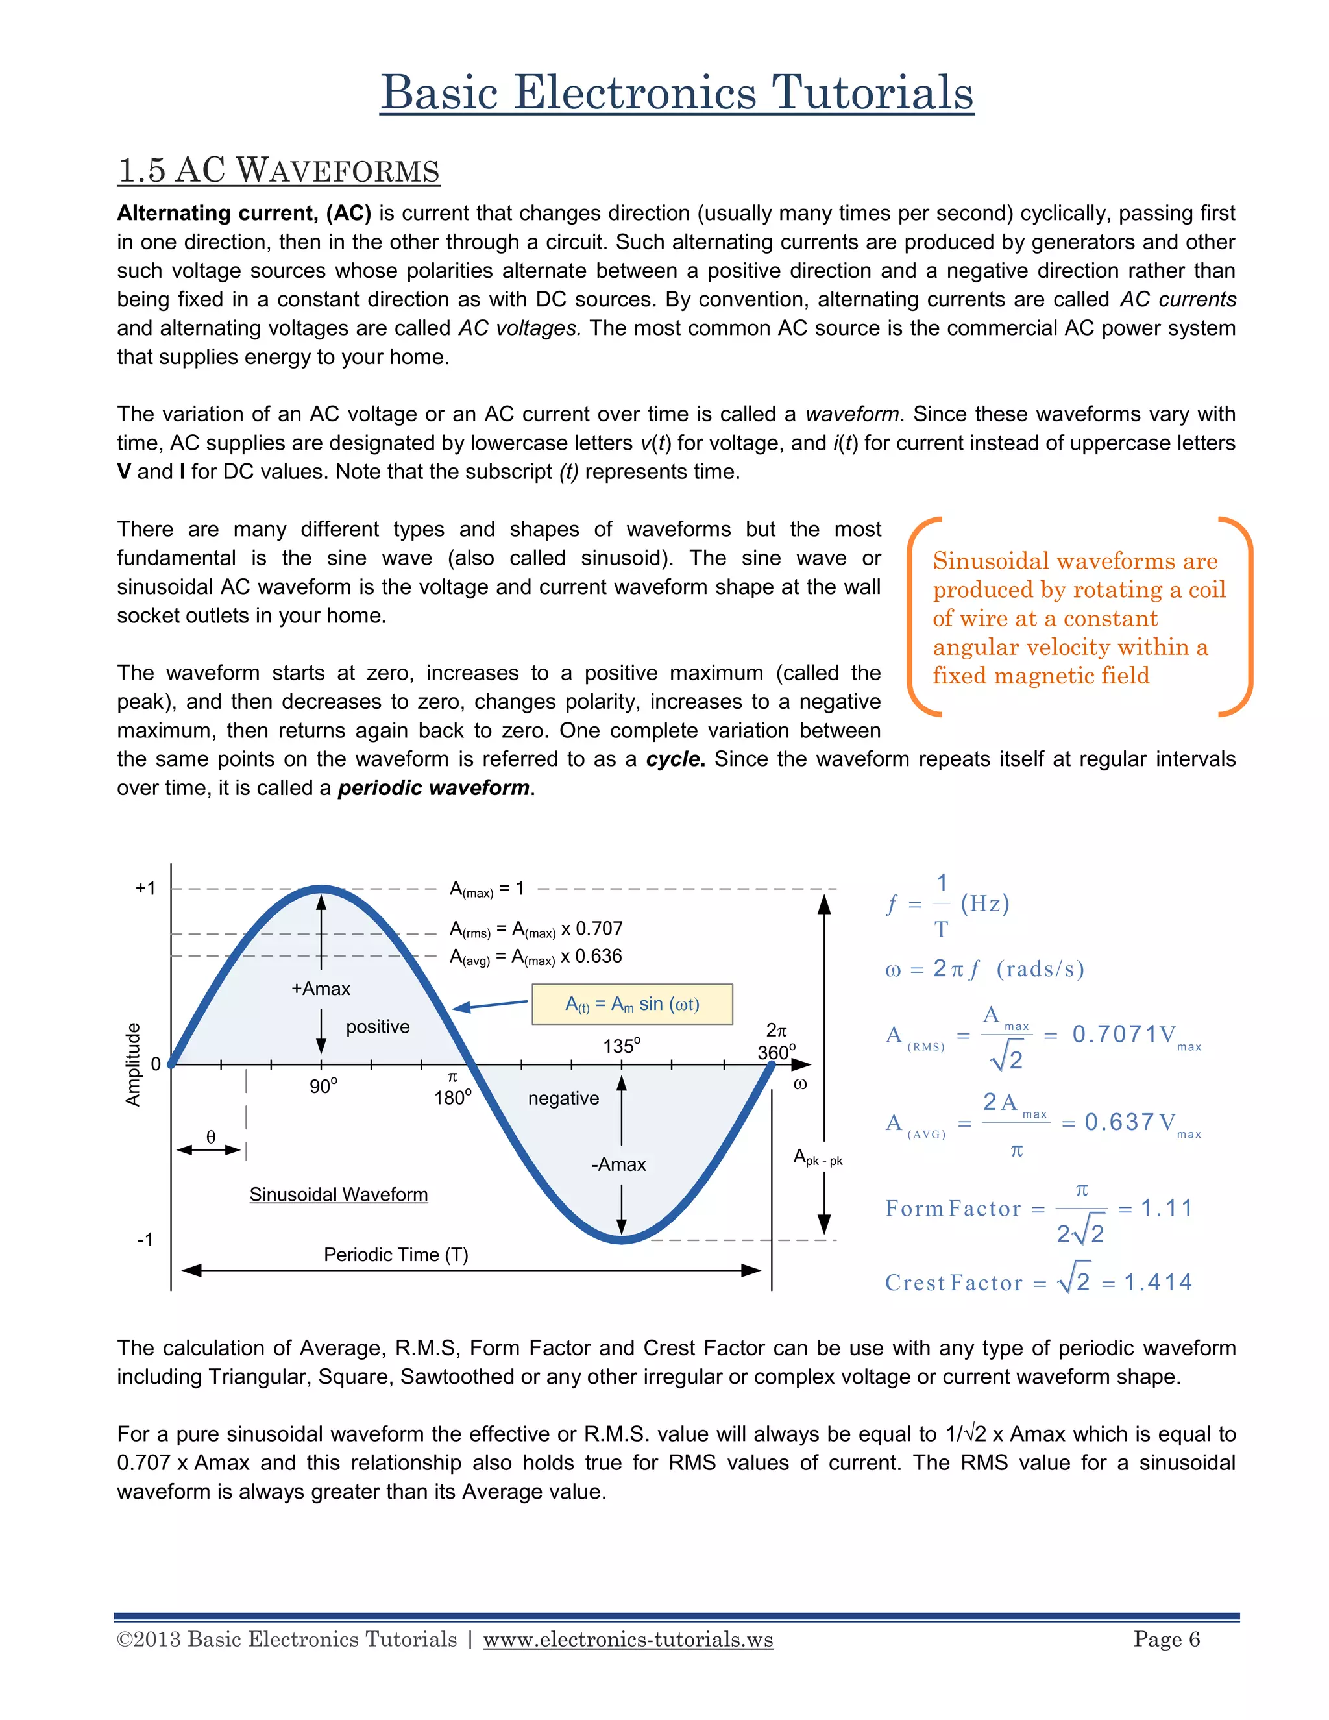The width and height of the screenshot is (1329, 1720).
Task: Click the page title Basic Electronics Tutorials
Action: pos(676,93)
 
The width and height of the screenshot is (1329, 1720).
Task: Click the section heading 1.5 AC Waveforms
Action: pos(278,171)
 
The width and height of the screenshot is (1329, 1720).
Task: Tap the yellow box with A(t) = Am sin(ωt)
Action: pos(632,1004)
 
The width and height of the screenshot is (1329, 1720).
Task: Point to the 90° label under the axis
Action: pos(323,1087)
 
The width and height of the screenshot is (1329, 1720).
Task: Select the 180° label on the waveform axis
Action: pos(453,1098)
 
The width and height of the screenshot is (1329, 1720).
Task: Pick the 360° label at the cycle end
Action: pos(776,1052)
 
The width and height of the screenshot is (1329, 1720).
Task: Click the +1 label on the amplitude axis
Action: pos(145,889)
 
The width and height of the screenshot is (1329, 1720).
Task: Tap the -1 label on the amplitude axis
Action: pos(145,1240)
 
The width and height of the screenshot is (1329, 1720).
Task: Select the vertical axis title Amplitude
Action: pos(133,1064)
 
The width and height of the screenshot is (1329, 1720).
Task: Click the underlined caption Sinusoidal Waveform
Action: pos(339,1195)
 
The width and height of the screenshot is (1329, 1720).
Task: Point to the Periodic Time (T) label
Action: pos(396,1255)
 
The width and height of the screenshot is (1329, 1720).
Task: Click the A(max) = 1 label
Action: pos(487,889)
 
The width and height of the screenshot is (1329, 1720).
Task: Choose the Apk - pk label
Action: pos(817,1158)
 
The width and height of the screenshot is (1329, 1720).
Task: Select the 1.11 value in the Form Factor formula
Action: pos(1166,1208)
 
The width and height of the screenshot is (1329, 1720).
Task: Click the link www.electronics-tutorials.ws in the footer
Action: pos(628,1640)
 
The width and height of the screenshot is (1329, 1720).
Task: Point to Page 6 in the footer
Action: pos(1166,1640)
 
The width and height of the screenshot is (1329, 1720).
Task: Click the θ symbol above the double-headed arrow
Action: pos(210,1136)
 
